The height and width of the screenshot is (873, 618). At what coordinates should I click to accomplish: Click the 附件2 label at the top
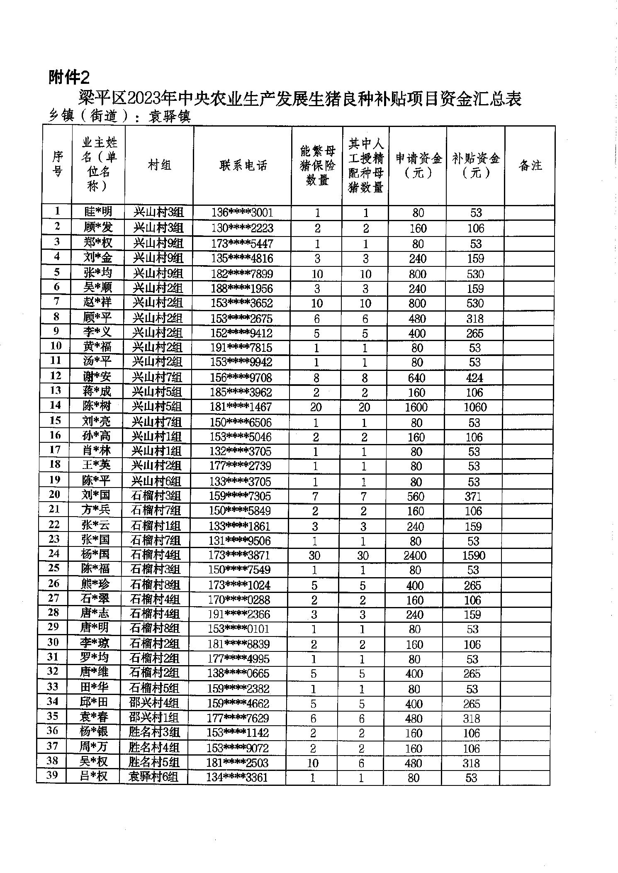point(69,77)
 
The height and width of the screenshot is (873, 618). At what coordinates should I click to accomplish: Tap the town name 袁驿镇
point(169,117)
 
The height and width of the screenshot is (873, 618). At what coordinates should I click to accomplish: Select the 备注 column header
point(530,166)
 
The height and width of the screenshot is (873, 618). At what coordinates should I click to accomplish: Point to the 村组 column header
point(159,166)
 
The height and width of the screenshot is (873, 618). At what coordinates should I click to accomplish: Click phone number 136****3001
point(242,213)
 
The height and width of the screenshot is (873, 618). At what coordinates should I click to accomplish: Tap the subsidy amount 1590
point(474,555)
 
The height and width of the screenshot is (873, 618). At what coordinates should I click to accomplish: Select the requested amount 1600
point(416,407)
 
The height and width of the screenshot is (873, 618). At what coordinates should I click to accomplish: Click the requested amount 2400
point(415,555)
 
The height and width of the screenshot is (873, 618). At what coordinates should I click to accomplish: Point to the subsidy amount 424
point(474,378)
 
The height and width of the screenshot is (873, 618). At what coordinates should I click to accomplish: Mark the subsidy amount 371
point(473,496)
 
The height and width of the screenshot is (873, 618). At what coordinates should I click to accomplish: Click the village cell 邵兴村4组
point(154,703)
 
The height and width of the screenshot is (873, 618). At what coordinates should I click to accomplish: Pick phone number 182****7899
point(242,274)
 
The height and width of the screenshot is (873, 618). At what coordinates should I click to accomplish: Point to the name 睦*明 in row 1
point(98,212)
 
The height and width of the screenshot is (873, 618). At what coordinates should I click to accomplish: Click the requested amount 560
point(416,496)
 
